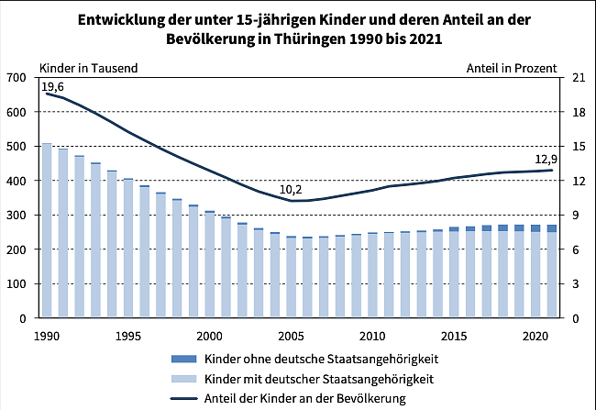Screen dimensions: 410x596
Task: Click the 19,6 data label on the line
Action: pos(52,87)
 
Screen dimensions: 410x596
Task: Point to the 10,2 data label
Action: pos(291,190)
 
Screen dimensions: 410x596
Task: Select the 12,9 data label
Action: pos(546,157)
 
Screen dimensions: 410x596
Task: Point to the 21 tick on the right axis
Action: pos(577,78)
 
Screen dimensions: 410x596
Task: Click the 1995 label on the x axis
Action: pos(128,336)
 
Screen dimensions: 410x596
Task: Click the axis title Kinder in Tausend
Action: pos(89,68)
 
